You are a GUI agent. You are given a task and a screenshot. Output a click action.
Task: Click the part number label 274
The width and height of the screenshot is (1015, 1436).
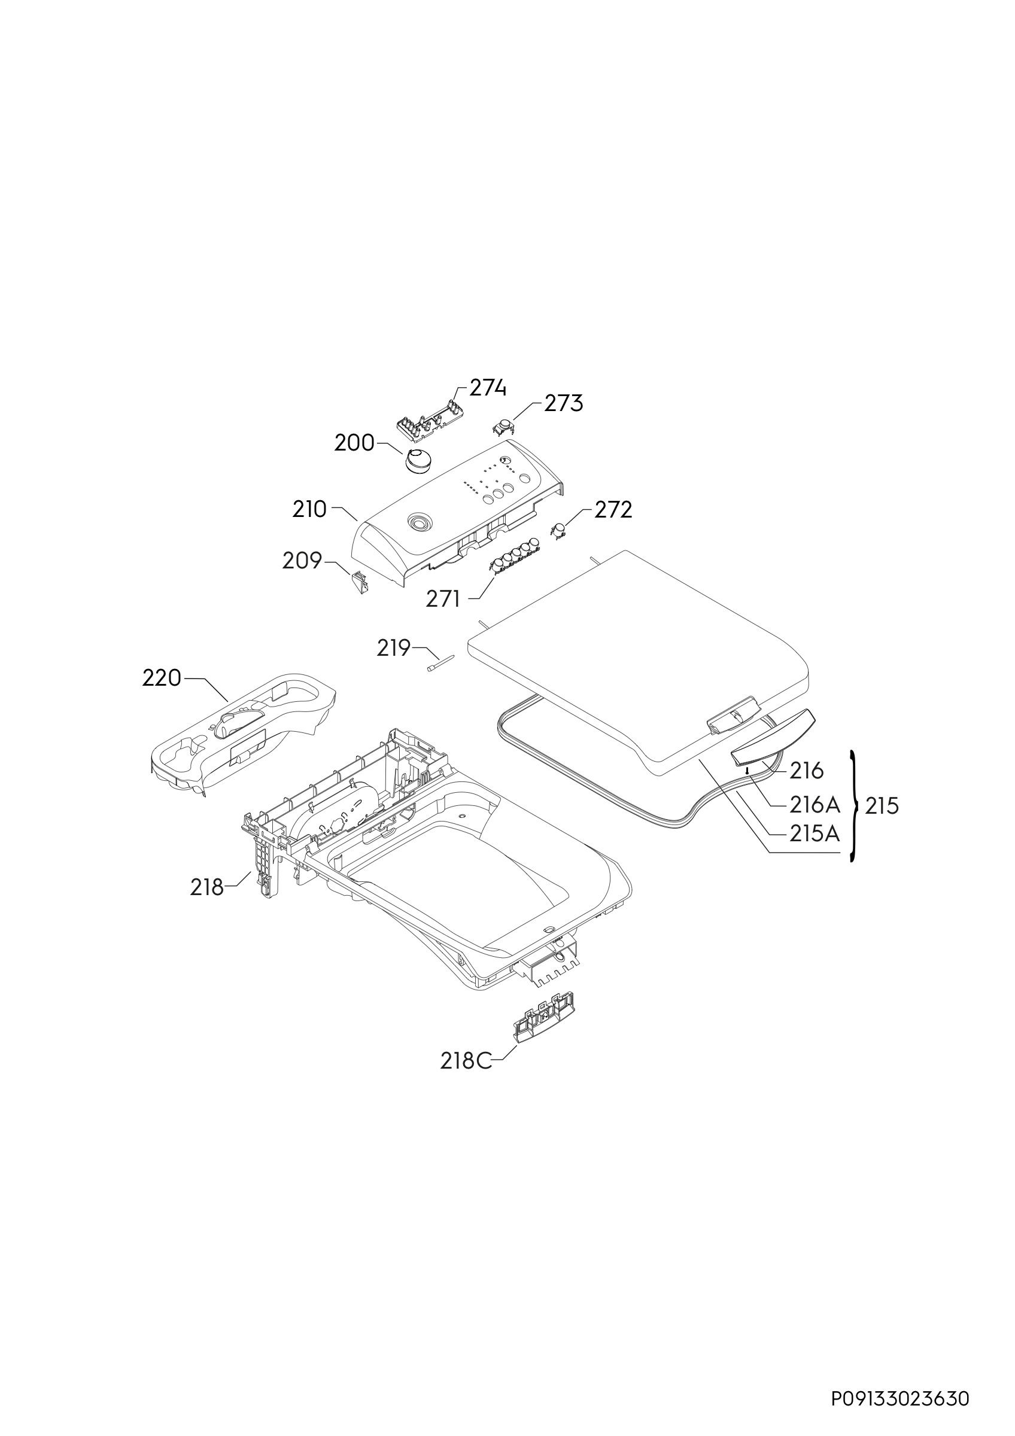coord(488,388)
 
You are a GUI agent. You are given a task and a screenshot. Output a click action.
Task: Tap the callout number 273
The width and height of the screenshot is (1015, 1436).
coord(564,404)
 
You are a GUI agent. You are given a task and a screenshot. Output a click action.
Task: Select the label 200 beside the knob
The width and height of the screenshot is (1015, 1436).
coord(354,443)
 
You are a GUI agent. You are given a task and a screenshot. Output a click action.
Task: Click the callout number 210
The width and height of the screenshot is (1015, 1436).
coord(309,510)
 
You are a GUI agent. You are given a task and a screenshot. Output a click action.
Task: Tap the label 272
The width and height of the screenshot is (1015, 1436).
coord(613,510)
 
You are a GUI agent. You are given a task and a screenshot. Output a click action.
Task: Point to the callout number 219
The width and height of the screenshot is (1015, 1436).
coord(393,648)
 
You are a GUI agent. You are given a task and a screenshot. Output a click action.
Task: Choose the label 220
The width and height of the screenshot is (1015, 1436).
coord(162,678)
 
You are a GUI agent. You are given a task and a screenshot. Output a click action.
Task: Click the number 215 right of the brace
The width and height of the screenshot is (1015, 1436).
coord(882,806)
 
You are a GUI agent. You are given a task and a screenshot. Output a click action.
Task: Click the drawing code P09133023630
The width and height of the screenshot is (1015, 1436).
coord(900,1398)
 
